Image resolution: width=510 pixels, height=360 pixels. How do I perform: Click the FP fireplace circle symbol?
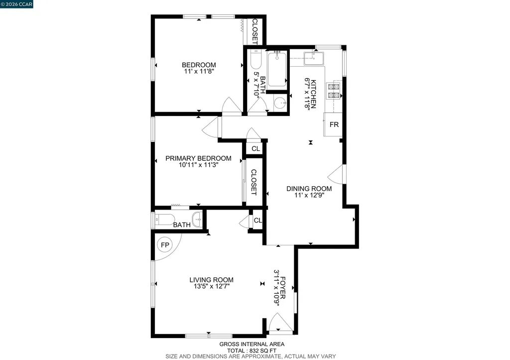point(164,245)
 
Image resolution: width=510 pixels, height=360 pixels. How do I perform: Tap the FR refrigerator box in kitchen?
point(334,124)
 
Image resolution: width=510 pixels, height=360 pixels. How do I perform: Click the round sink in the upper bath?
point(279,104)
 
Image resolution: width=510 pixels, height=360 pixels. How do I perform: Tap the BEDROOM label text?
point(199,65)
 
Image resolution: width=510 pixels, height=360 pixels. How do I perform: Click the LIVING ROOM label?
point(211,280)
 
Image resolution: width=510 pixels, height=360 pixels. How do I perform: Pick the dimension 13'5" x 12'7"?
point(211,287)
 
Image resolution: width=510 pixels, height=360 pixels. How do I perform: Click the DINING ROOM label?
point(309,189)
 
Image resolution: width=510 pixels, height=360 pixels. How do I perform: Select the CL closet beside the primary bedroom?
point(255,148)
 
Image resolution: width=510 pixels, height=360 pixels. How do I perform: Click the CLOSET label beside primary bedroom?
point(254,182)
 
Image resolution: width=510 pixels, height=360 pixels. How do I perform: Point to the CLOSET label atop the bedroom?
point(255,31)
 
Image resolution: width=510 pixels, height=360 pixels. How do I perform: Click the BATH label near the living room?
point(182,225)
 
